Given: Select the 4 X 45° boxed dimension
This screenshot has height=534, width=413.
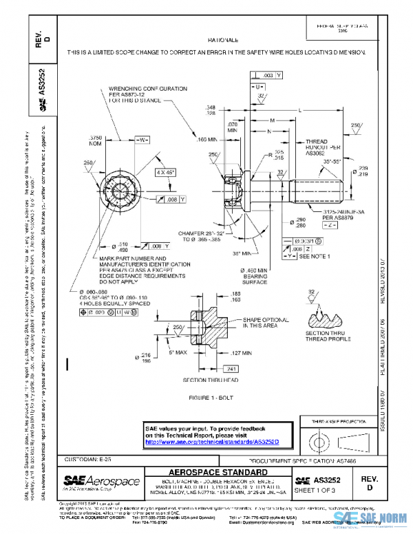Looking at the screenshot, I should point(165,171).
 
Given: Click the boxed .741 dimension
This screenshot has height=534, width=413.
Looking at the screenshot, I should point(231,369).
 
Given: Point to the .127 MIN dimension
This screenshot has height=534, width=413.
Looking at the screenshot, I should point(245,353).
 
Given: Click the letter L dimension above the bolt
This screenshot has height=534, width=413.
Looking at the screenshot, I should point(299,110).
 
